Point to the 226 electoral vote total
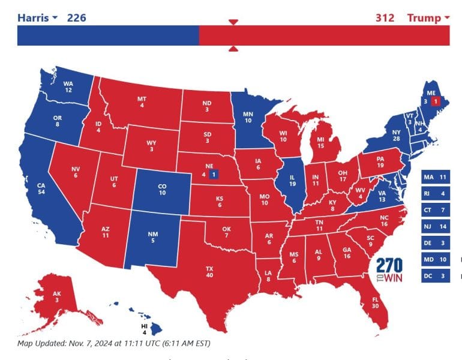click(76, 17)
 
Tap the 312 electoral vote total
click(385, 17)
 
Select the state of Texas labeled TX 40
click(209, 271)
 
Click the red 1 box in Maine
click(436, 101)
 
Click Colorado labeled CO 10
click(162, 190)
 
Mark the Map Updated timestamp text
click(114, 344)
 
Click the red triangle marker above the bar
click(234, 22)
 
